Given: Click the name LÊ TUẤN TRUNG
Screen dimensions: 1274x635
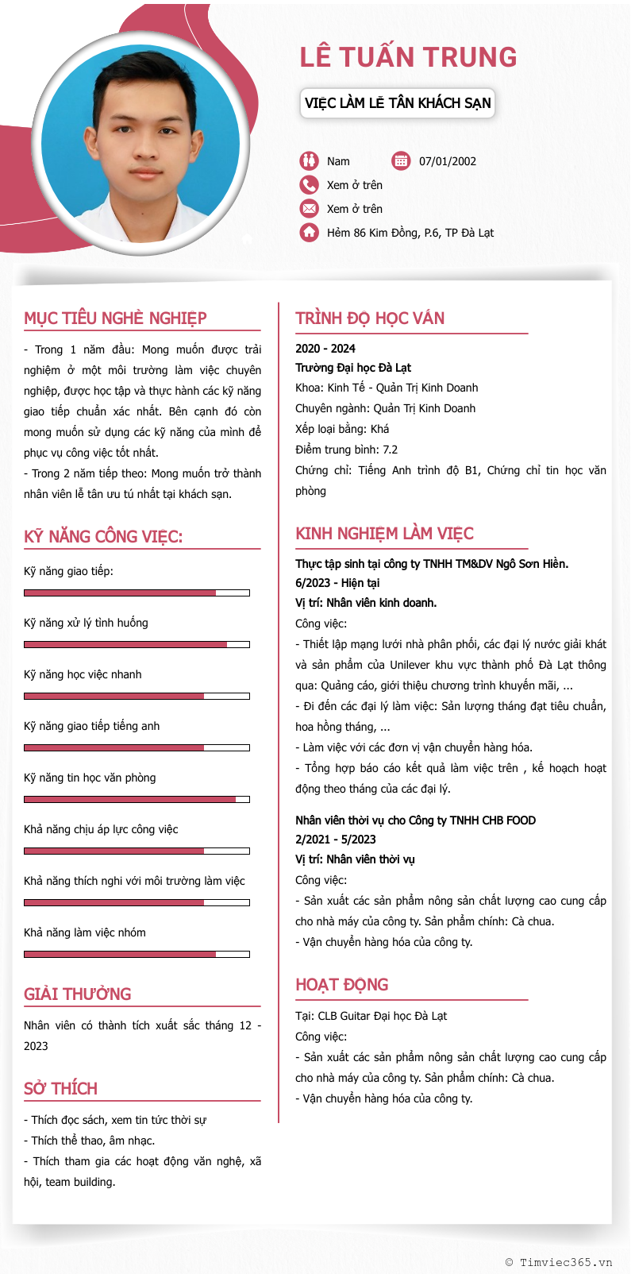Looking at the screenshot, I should click(x=408, y=57).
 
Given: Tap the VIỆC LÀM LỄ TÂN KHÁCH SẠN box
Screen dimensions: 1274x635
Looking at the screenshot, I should click(x=398, y=103).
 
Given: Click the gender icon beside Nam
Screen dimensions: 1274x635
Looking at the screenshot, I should click(x=309, y=161).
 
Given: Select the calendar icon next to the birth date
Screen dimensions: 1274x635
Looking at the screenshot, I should click(x=401, y=161).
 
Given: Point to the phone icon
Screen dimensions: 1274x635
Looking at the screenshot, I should click(x=309, y=185).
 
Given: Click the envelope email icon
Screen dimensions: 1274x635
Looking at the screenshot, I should click(x=309, y=209).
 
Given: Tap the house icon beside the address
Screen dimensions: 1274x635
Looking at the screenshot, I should click(x=309, y=233).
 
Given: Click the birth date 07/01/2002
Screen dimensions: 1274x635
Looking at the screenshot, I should click(x=448, y=161).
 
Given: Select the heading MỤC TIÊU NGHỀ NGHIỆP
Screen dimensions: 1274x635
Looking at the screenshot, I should click(x=115, y=318).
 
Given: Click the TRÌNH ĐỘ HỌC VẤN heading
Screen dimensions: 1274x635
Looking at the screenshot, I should click(x=370, y=318).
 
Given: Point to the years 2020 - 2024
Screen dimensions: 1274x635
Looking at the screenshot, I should click(x=325, y=349).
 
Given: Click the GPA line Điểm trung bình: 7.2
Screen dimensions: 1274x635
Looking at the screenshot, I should click(x=346, y=450).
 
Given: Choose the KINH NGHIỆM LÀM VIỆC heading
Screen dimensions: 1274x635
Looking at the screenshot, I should click(x=384, y=534).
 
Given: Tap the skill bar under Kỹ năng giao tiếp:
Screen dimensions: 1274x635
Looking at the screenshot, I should click(x=137, y=593).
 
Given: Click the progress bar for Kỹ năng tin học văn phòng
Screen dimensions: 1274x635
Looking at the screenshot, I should click(x=137, y=800).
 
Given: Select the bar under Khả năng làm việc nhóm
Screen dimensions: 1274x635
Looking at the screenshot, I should click(x=137, y=955).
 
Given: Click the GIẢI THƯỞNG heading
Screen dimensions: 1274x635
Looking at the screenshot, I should click(x=77, y=994).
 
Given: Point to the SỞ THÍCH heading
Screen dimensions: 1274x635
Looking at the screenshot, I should click(x=60, y=1089).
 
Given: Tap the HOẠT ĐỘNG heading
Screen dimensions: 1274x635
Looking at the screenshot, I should click(x=342, y=985).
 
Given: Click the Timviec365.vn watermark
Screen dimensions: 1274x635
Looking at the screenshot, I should click(x=559, y=1262).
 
